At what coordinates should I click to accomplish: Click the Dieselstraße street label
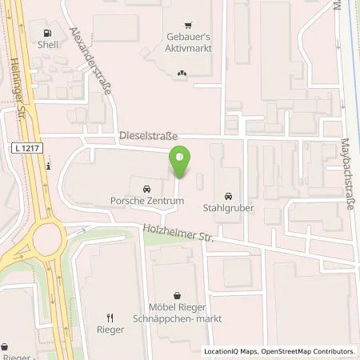point(148,137)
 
